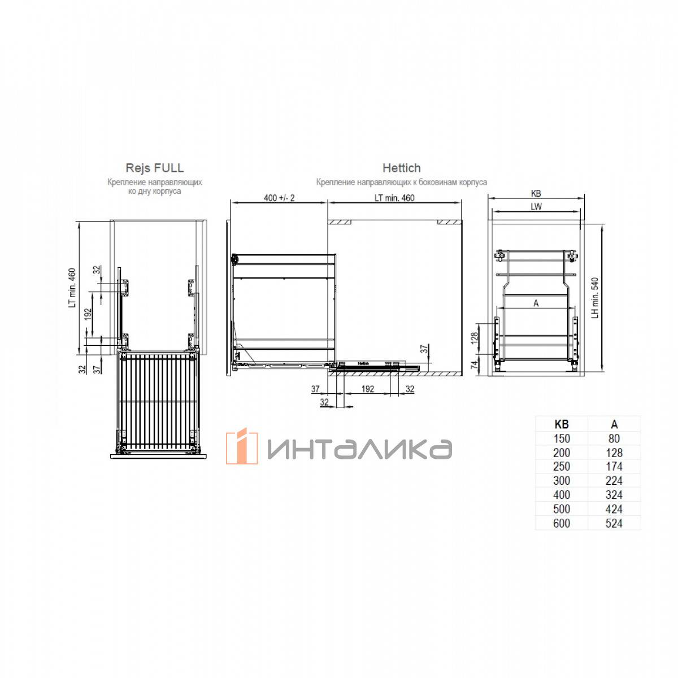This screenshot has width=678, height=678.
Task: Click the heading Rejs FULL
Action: (x=154, y=168)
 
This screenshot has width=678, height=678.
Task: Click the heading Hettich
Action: (x=402, y=168)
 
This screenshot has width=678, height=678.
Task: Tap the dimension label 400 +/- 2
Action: (x=279, y=198)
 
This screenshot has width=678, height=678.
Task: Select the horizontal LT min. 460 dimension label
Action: (x=394, y=198)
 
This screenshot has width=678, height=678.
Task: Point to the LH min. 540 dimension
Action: (x=594, y=298)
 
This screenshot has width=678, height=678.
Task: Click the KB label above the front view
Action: (x=536, y=193)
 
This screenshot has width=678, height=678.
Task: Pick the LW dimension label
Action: (x=536, y=207)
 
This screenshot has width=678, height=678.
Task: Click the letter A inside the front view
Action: (x=536, y=303)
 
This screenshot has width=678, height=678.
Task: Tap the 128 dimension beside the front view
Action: (x=474, y=338)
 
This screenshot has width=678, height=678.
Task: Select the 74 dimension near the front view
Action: (x=474, y=365)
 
